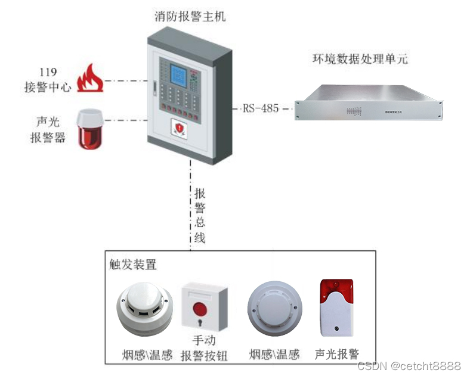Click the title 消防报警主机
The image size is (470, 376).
pyautogui.click(x=190, y=17)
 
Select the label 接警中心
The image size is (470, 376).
pyautogui.click(x=48, y=87)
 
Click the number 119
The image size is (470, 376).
pyautogui.click(x=48, y=73)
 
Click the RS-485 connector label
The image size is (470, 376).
pyautogui.click(x=261, y=108)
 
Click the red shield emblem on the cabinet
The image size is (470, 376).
pyautogui.click(x=180, y=128)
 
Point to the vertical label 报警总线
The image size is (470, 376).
pyautogui.click(x=200, y=215)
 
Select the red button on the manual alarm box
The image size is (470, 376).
pyautogui.click(x=200, y=310)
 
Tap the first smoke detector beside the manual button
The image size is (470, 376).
pyautogui.click(x=144, y=309)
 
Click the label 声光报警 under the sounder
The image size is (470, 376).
pyautogui.click(x=337, y=354)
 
